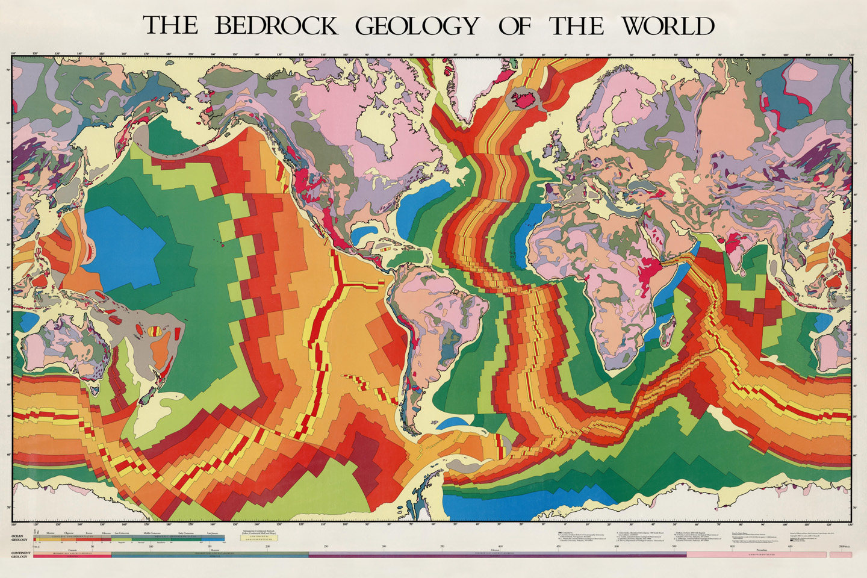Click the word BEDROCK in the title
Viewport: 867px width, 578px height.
tap(276, 26)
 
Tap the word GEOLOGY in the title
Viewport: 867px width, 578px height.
tap(417, 26)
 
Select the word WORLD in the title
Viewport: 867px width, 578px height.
tap(668, 26)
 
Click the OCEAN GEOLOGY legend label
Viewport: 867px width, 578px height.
tap(16, 538)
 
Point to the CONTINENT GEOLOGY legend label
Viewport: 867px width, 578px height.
tap(16, 553)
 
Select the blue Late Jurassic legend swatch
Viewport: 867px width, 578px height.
tap(212, 538)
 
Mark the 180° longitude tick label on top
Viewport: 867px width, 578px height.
tap(169, 54)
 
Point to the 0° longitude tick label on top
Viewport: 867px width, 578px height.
tap(565, 54)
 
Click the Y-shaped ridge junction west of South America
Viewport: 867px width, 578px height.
tap(341, 280)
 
